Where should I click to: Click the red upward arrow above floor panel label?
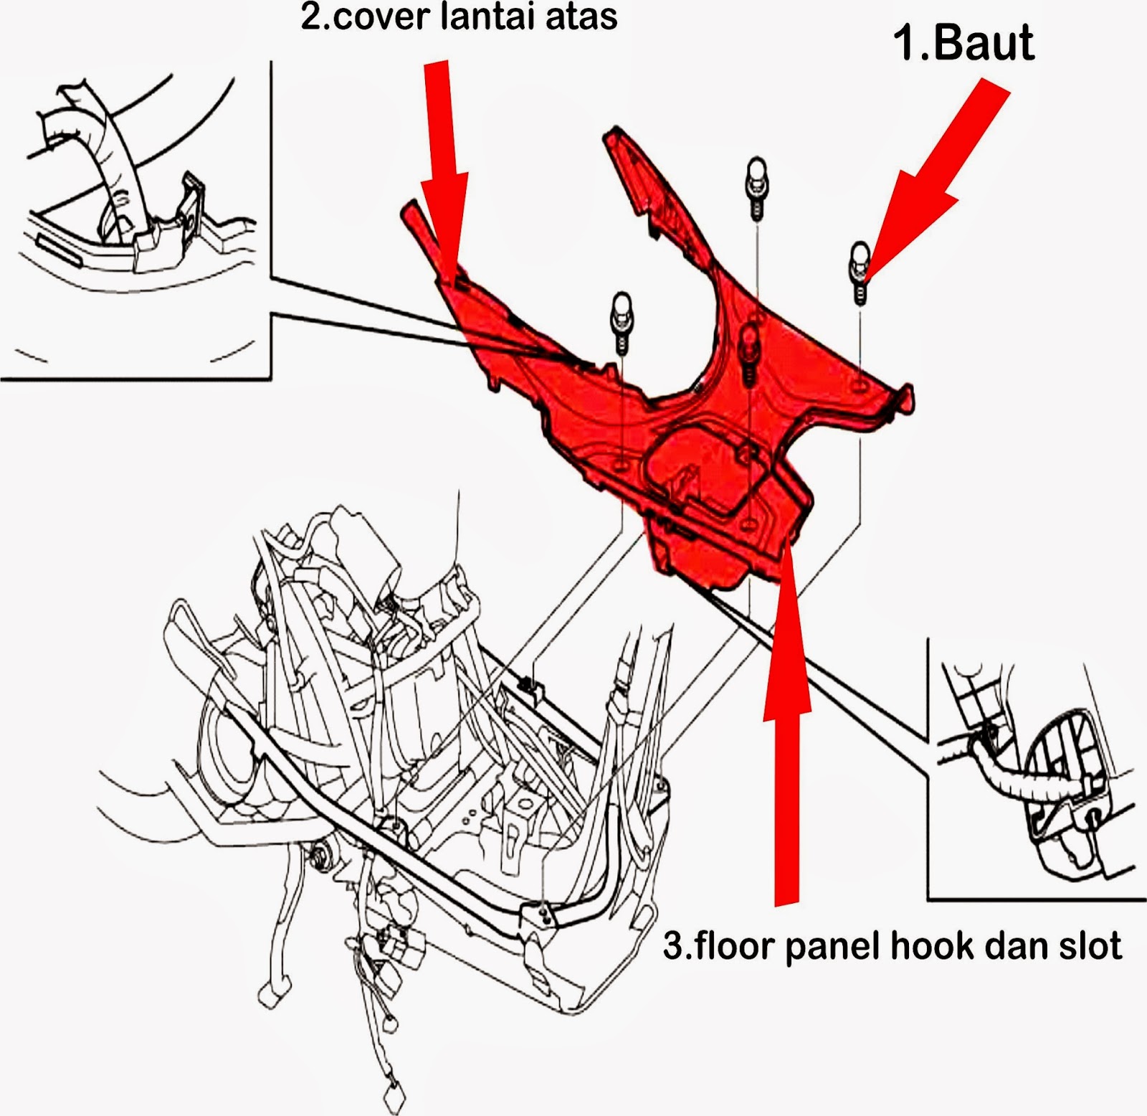tap(786, 717)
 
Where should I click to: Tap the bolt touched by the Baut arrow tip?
tap(860, 273)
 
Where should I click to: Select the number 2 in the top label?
tap(310, 16)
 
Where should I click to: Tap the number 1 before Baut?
tap(905, 43)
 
